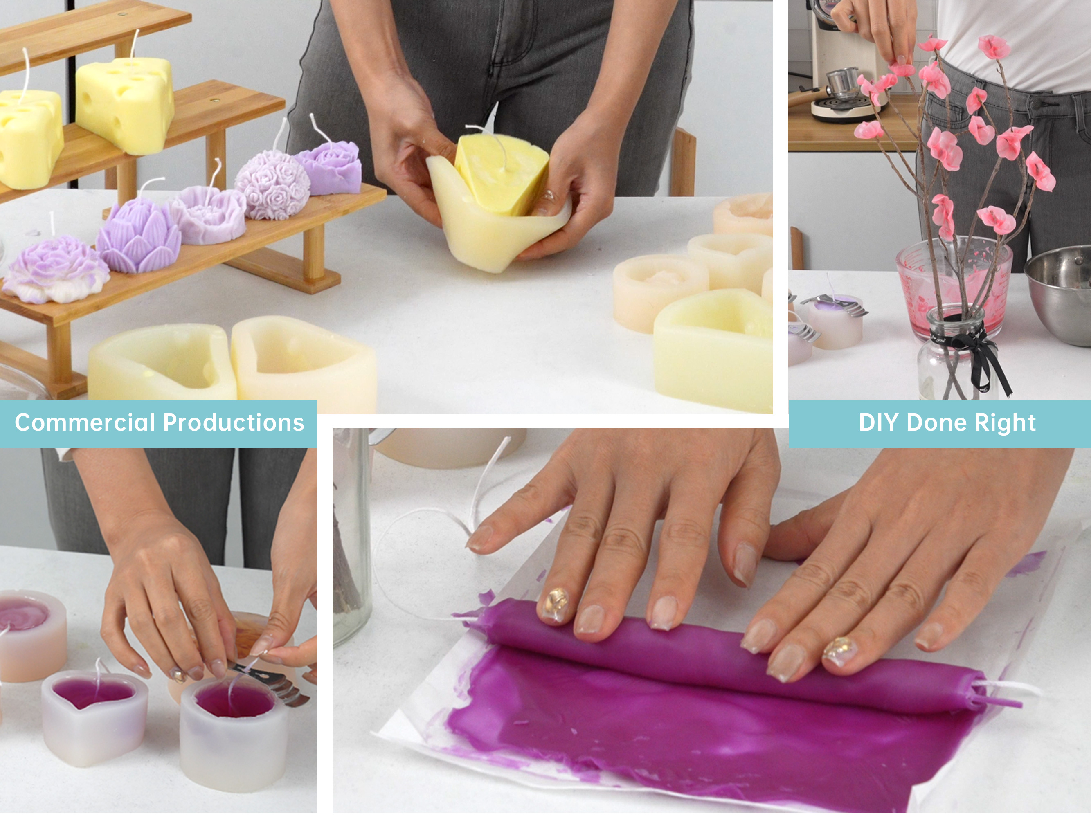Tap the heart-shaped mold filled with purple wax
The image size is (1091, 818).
94,715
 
